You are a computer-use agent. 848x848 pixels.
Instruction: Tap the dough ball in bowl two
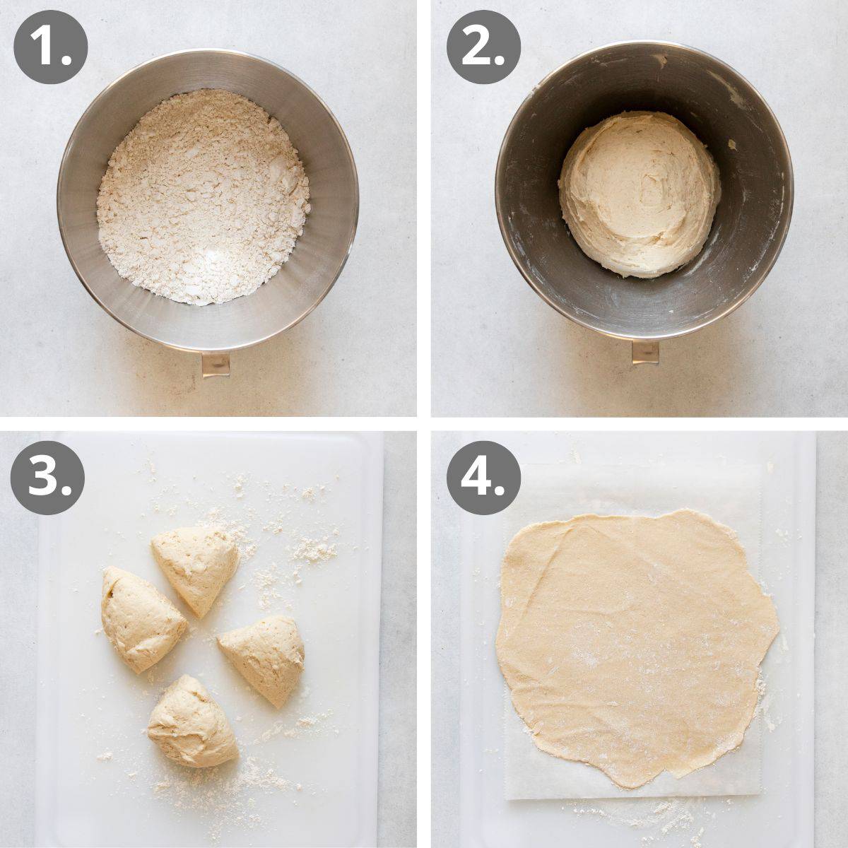(640, 192)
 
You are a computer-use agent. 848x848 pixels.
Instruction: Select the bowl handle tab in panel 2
(644, 352)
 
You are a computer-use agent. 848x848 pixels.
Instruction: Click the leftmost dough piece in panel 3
(140, 619)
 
